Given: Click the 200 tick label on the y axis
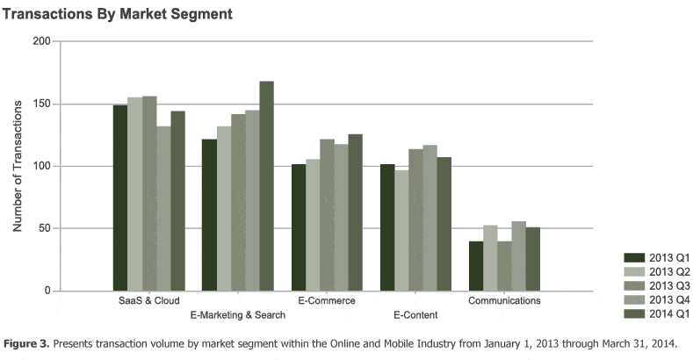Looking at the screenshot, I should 40,41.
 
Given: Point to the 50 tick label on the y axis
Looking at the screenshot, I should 43,228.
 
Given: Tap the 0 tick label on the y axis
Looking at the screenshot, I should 47,291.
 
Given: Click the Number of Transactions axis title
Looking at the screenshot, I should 17,166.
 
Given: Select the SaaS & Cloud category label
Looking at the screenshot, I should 149,301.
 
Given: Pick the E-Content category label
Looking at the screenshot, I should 415,314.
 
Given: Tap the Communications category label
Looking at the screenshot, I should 504,301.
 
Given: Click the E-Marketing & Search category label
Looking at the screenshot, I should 237,314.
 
